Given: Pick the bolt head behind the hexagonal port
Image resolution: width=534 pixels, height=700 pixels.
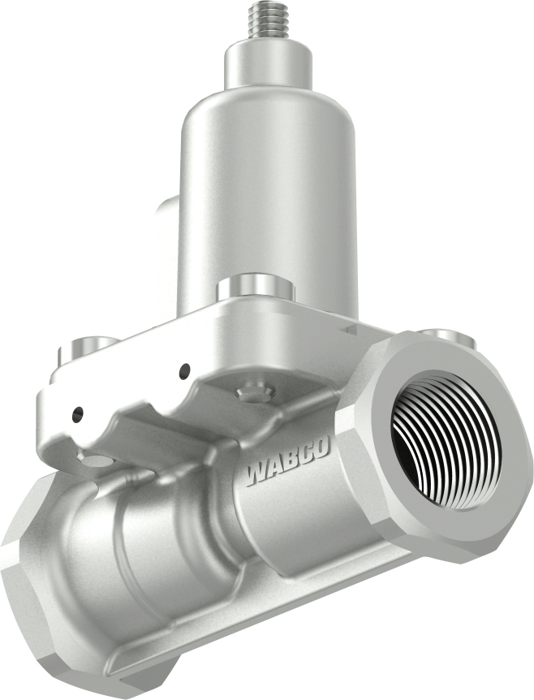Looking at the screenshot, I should pyautogui.click(x=445, y=334).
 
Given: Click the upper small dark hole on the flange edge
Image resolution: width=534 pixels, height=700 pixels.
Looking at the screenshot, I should pyautogui.click(x=185, y=370).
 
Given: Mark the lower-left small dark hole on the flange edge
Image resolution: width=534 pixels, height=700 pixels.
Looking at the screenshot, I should pyautogui.click(x=76, y=413).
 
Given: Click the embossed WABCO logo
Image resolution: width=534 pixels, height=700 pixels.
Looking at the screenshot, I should pyautogui.click(x=288, y=466).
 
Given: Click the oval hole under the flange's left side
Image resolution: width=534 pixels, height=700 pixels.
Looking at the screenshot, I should pyautogui.click(x=97, y=461).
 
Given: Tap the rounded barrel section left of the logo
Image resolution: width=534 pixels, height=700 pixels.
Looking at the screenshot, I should pyautogui.click(x=162, y=552).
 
